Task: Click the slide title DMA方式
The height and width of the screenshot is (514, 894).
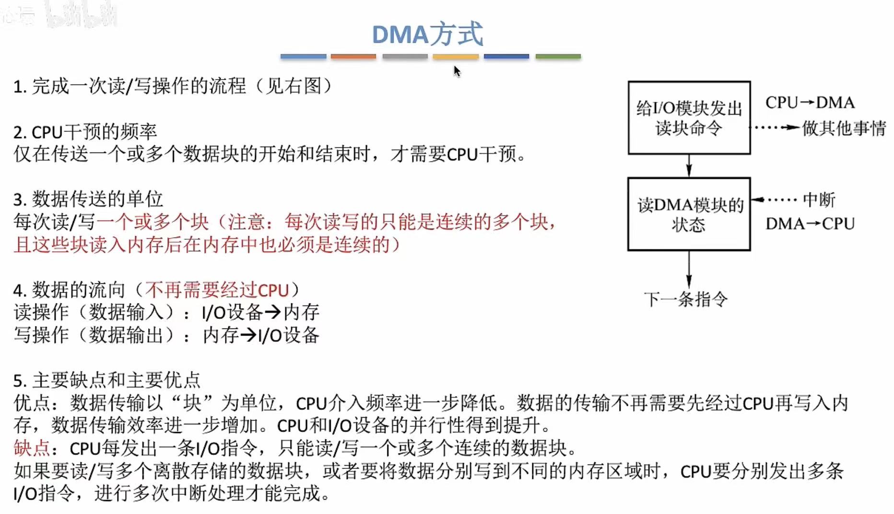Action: [427, 34]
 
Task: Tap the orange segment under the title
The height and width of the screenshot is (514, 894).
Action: [353, 57]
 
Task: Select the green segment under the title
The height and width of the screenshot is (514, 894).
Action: [558, 57]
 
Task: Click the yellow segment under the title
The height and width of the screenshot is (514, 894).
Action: [456, 57]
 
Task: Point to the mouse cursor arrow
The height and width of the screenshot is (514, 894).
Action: [457, 71]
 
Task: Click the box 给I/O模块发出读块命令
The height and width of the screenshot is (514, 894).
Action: [689, 118]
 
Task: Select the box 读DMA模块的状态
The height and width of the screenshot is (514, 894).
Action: [689, 214]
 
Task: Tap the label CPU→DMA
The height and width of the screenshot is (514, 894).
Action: [810, 103]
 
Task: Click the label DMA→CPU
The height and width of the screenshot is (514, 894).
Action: [810, 223]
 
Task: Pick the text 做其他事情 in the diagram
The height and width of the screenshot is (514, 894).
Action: [844, 128]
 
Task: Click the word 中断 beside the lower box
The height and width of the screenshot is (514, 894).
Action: [819, 200]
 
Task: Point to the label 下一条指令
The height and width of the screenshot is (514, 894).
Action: [685, 300]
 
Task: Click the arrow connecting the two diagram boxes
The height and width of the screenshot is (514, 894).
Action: [689, 166]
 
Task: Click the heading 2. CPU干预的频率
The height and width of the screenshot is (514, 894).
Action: [85, 132]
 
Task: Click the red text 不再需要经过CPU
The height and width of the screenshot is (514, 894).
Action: [217, 290]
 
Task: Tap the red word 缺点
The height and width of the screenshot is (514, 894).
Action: [32, 448]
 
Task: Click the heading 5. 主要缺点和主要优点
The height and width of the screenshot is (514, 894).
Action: [106, 380]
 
